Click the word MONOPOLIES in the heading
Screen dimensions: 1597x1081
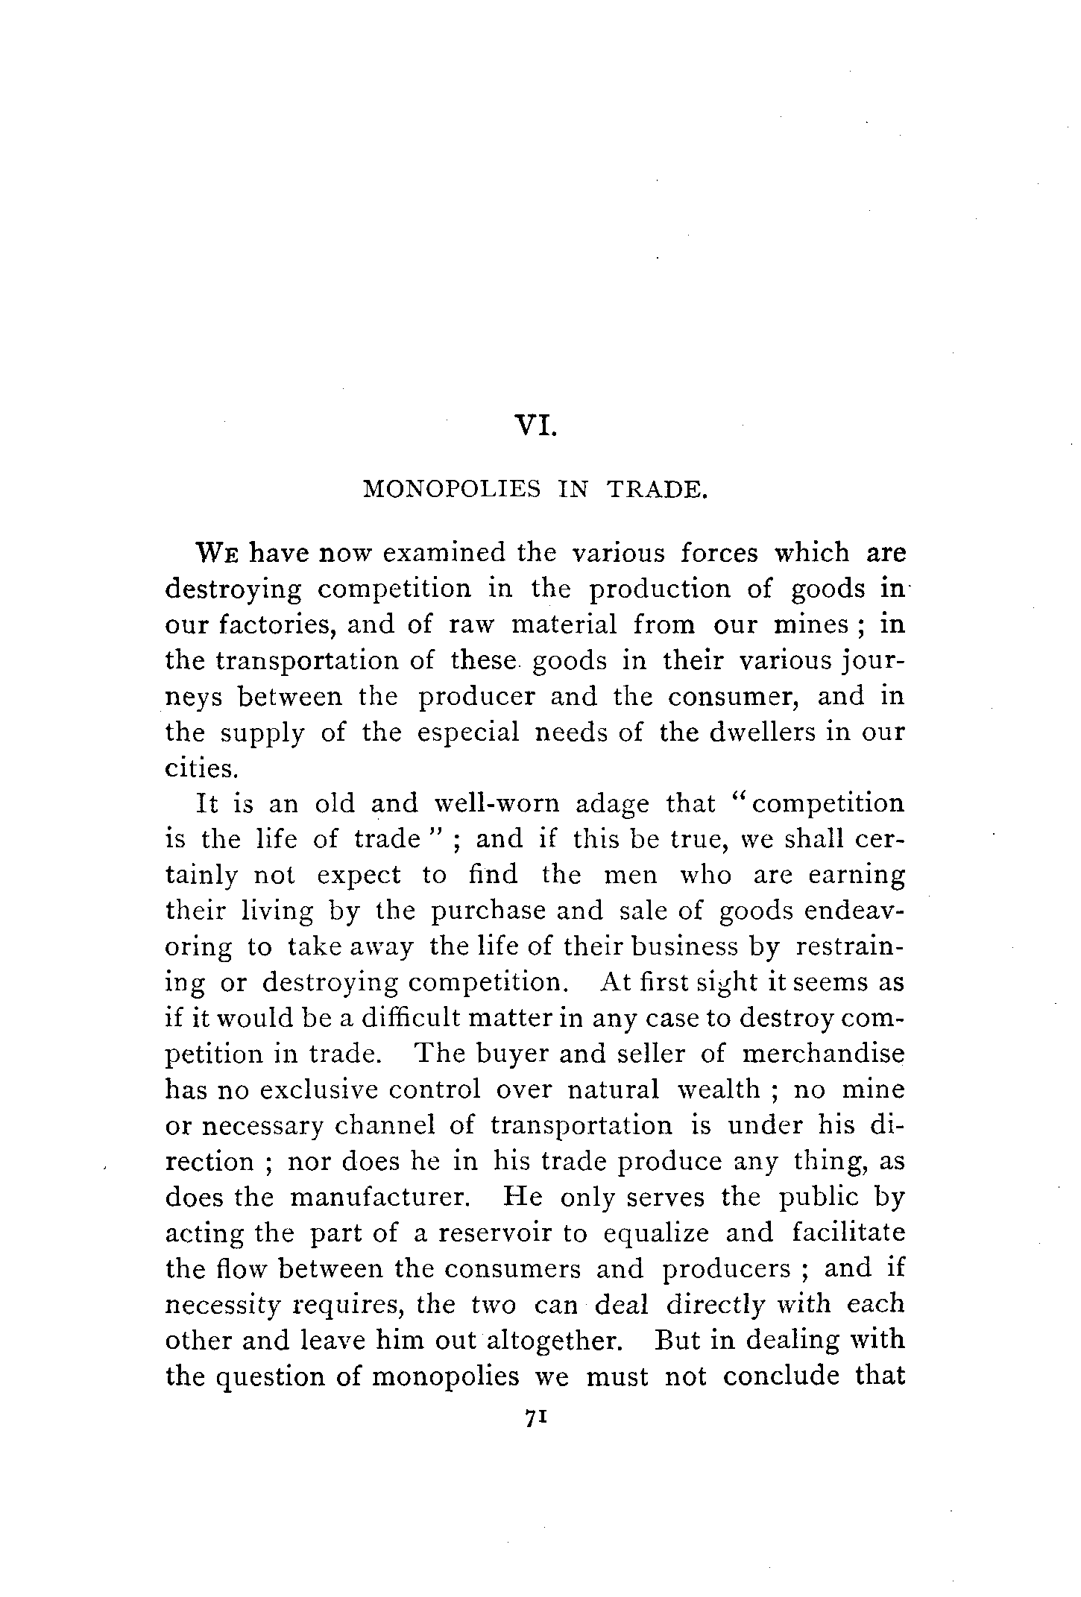click(451, 490)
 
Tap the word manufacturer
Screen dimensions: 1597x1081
click(379, 1198)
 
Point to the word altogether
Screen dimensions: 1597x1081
click(554, 1341)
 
